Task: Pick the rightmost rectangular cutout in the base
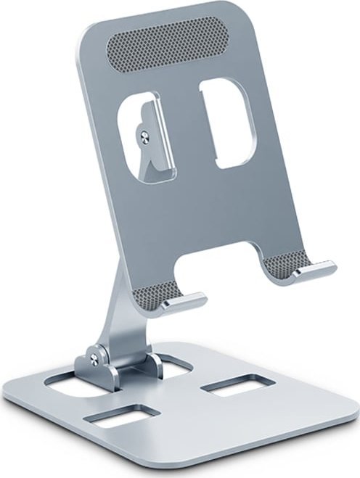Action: point(231,384)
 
